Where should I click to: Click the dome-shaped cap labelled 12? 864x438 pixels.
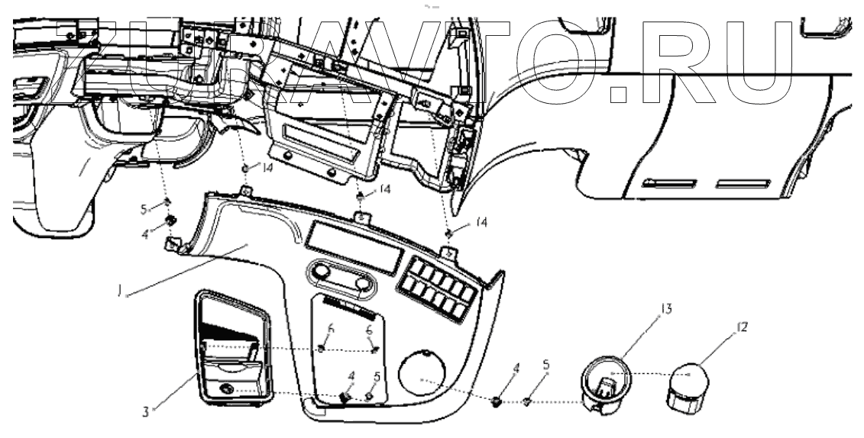[689, 387]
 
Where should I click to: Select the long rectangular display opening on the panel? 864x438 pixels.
[353, 249]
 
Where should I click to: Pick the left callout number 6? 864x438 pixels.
[331, 330]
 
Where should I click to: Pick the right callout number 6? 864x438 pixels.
[371, 330]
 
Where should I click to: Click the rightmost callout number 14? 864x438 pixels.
[479, 222]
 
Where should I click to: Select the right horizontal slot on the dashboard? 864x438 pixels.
[742, 183]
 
